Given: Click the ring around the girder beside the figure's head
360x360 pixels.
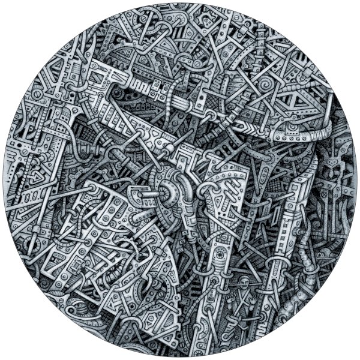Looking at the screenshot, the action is [275, 264].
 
